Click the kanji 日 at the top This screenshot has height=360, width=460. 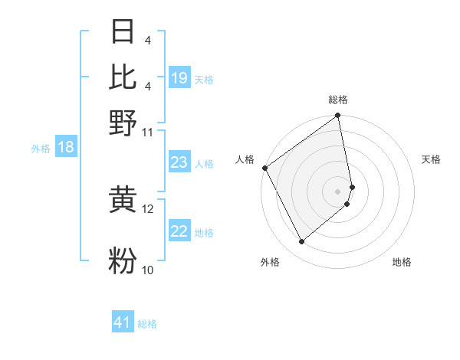(x=123, y=32)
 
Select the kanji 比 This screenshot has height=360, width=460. (x=123, y=77)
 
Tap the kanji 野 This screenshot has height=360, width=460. (x=123, y=123)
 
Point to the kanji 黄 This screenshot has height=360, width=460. (x=123, y=200)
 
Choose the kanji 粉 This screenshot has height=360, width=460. (x=123, y=260)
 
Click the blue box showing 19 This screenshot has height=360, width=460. (x=179, y=78)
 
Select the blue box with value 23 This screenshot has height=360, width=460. (x=179, y=162)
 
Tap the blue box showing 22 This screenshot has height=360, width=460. (x=179, y=231)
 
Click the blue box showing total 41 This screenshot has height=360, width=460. (x=123, y=322)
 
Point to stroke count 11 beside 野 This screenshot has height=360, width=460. (x=148, y=132)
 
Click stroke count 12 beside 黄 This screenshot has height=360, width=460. (x=148, y=208)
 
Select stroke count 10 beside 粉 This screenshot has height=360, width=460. (x=148, y=270)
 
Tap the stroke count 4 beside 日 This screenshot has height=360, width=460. (x=147, y=40)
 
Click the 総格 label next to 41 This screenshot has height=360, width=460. (x=148, y=324)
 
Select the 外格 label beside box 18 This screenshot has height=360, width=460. (x=41, y=149)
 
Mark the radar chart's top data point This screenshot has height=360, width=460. (x=337, y=116)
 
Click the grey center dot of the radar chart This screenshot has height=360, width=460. (x=337, y=191)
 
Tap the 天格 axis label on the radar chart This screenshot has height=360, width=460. (x=431, y=159)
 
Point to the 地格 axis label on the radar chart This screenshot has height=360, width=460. (x=402, y=262)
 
